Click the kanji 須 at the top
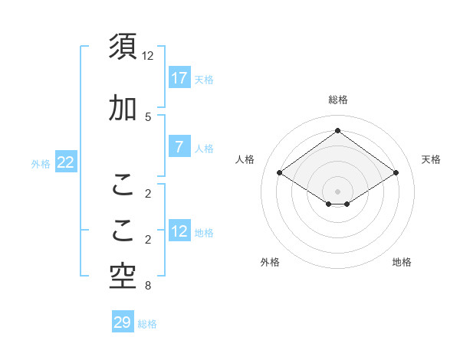(123, 46)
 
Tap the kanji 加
(123, 109)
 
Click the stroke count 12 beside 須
(148, 56)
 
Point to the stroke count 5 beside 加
(148, 116)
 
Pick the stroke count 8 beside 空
(148, 286)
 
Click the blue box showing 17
(179, 78)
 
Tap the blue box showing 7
(179, 148)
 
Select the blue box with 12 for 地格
(179, 232)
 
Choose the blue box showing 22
(65, 162)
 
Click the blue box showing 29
(123, 322)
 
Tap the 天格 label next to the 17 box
(204, 79)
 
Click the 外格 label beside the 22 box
(41, 163)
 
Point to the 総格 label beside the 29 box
(147, 324)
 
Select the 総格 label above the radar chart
(337, 100)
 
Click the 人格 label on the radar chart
(245, 159)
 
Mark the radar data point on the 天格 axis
(396, 173)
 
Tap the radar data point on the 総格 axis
(337, 130)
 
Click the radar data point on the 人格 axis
(279, 173)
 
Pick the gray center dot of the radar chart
(337, 190)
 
